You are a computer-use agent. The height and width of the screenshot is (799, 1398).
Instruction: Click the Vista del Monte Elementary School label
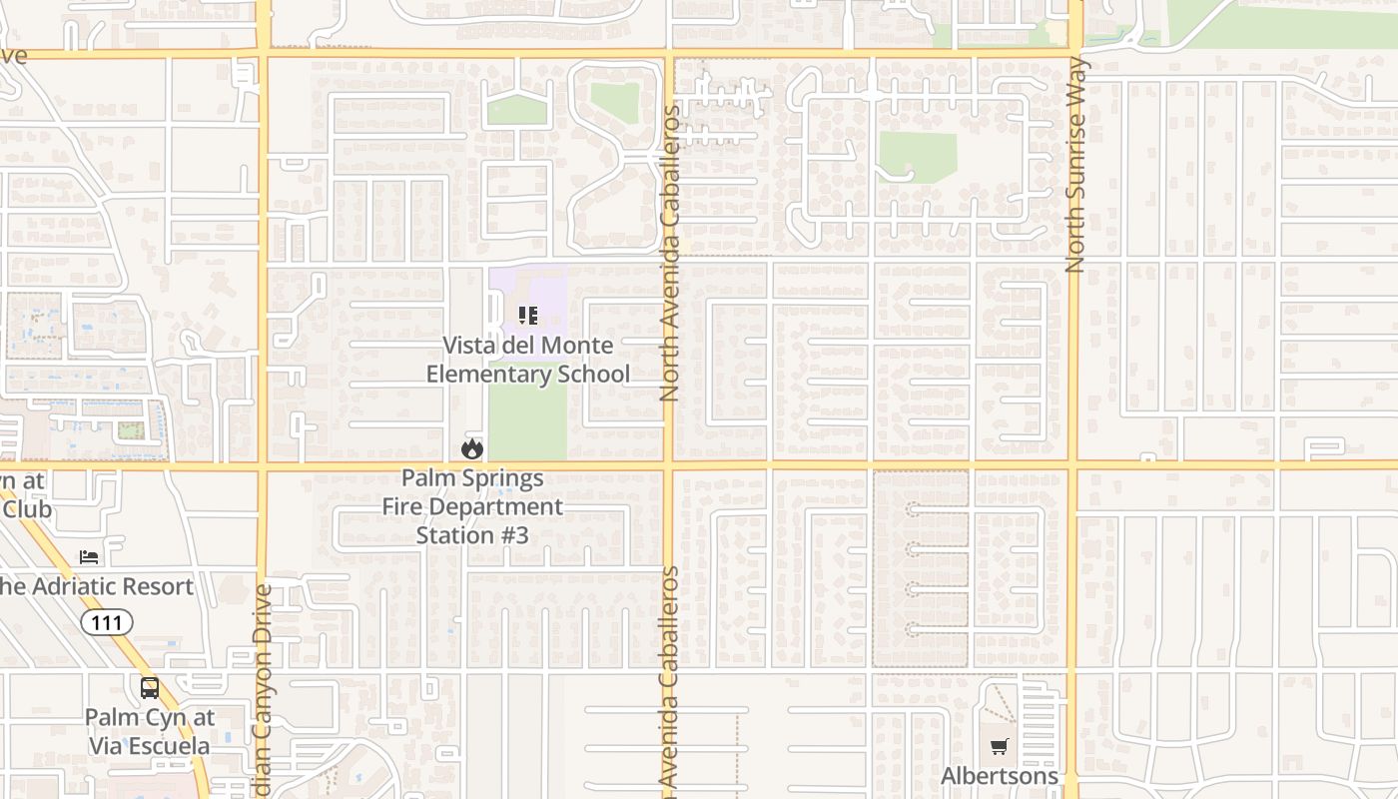[x=528, y=361]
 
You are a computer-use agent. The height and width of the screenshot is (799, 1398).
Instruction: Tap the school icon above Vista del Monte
[x=528, y=317]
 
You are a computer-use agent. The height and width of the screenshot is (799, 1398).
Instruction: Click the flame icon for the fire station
[x=472, y=449]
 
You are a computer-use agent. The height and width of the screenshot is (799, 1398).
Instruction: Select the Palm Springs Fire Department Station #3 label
[x=472, y=506]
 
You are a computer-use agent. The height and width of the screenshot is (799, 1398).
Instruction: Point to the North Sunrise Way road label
[x=1075, y=165]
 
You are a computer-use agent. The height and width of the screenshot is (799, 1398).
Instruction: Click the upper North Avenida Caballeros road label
[x=669, y=254]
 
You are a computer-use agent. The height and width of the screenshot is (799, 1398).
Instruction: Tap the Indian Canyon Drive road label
[x=264, y=689]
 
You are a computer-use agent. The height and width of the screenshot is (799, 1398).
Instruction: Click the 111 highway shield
[x=106, y=623]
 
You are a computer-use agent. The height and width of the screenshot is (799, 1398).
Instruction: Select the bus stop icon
[x=150, y=687]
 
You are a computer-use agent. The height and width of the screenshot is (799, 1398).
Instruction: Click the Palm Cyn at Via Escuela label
[x=149, y=731]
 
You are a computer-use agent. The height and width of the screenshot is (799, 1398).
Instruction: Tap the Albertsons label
[x=1000, y=776]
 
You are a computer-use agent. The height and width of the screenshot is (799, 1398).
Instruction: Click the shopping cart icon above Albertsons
[x=1000, y=746]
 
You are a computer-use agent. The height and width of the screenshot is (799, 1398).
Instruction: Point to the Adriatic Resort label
[x=96, y=586]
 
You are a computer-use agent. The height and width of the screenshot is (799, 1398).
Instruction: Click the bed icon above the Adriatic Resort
[x=90, y=556]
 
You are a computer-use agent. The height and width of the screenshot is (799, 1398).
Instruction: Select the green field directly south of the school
[x=527, y=424]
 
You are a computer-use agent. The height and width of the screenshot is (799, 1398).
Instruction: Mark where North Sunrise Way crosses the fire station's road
[x=1072, y=465]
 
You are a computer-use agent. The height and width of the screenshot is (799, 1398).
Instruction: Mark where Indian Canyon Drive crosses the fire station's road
[x=263, y=465]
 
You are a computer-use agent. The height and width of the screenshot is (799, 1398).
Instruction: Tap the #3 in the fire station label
[x=514, y=535]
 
